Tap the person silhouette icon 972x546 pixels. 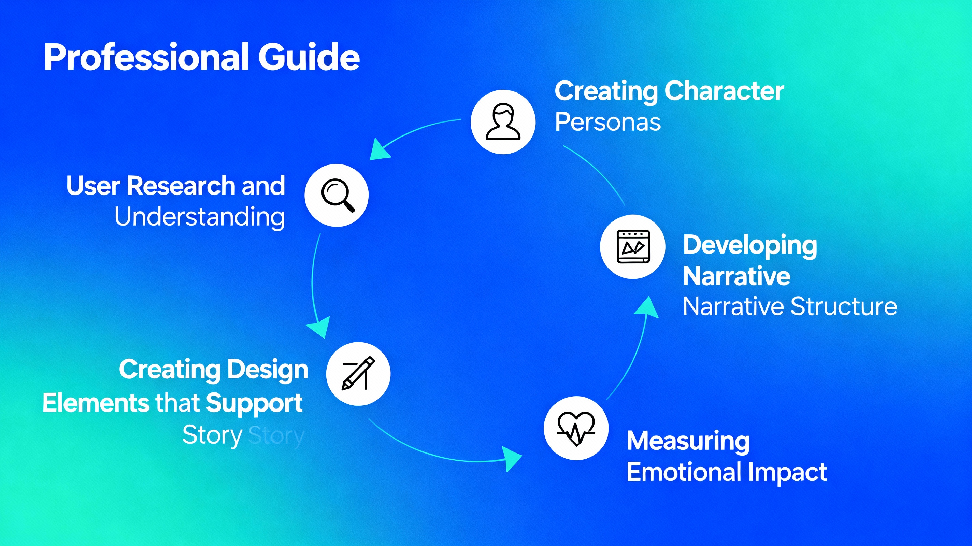[503, 122]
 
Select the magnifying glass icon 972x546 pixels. [337, 196]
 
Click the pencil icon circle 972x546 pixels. [358, 374]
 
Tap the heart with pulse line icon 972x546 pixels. [576, 428]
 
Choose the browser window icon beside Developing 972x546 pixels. [633, 246]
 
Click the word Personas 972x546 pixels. [607, 122]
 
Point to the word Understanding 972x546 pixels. [200, 217]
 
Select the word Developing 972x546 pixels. [750, 245]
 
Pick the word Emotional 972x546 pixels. [684, 472]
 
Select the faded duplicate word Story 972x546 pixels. [276, 435]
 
